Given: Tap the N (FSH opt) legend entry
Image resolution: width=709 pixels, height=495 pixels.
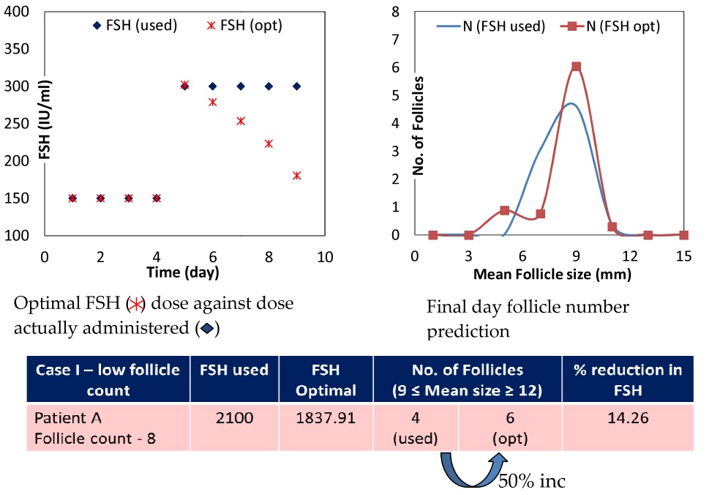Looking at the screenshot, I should click(x=615, y=26).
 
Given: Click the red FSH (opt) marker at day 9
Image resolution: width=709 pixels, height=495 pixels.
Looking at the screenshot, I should click(x=296, y=176).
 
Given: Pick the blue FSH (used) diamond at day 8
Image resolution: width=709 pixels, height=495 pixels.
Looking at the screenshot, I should click(x=269, y=86).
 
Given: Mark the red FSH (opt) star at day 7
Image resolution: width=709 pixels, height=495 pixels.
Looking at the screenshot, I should click(x=241, y=121).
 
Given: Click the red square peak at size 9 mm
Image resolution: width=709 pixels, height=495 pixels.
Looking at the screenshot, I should click(x=576, y=67).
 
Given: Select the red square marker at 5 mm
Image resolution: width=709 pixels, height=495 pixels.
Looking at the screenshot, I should click(x=504, y=210).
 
